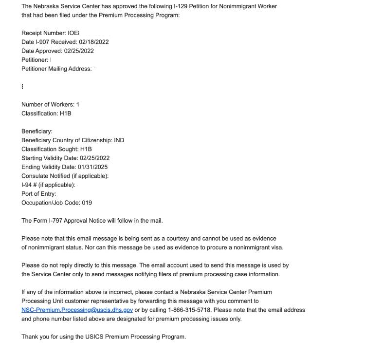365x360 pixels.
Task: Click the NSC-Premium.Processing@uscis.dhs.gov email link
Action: (77, 310)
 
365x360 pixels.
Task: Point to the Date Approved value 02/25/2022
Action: (79, 51)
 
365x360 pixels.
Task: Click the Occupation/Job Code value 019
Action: (87, 203)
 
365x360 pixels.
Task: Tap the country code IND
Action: (119, 140)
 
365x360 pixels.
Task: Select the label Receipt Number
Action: (43, 33)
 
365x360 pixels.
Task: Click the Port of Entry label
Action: (38, 194)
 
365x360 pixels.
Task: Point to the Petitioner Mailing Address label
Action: (56, 69)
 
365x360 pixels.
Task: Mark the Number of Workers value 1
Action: (78, 104)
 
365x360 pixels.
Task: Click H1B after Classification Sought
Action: (86, 149)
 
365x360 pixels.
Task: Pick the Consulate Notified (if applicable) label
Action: (65, 176)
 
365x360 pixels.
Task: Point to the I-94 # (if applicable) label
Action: (48, 185)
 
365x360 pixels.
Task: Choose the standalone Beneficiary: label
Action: (37, 131)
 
